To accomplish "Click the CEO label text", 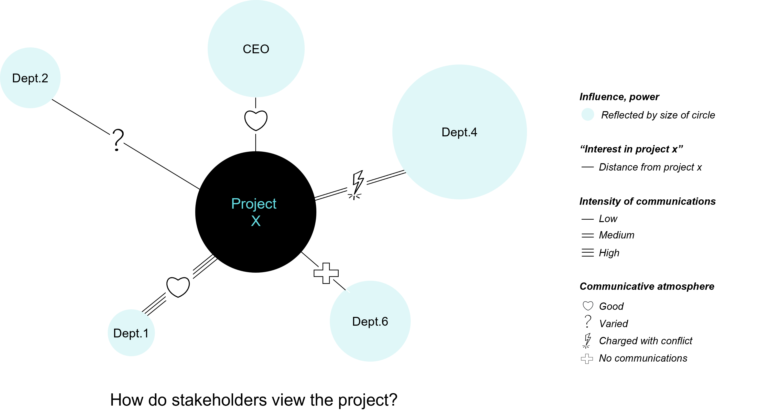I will click(256, 49).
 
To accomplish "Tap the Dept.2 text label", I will click(30, 78).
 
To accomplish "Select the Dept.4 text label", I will click(459, 132).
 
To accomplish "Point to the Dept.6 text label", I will click(370, 322).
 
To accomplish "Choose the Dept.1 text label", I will click(131, 333).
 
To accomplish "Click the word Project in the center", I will click(254, 204).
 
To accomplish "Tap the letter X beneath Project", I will click(256, 221).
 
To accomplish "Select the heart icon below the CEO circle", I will click(255, 121).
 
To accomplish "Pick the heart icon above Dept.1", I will click(179, 285).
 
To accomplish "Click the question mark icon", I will click(117, 142).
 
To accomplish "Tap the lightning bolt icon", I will click(357, 185).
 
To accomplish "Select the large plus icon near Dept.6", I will click(326, 274).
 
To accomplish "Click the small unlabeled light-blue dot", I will click(588, 114).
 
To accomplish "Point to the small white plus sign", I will click(587, 359).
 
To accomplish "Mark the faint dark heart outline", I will click(588, 306).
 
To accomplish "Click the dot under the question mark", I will click(117, 149).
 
